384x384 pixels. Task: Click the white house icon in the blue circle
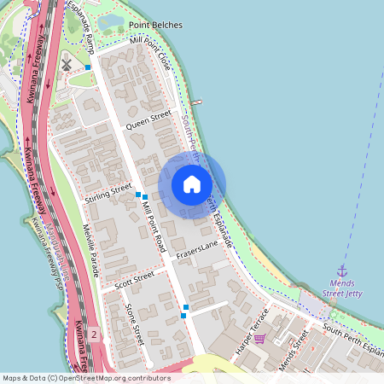click(192, 184)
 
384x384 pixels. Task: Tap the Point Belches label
click(154, 26)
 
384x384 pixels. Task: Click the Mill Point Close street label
click(151, 53)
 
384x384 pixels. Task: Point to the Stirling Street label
click(108, 193)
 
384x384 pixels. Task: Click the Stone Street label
click(135, 324)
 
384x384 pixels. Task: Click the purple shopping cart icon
click(259, 339)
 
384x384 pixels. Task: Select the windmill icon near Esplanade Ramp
click(67, 64)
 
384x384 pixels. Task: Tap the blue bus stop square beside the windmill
click(88, 67)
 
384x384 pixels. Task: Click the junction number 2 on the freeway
click(94, 334)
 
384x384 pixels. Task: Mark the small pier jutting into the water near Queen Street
click(196, 102)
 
